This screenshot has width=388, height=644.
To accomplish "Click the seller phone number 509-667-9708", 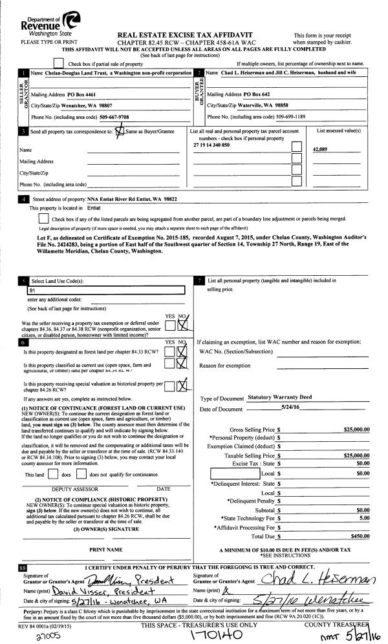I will [x=114, y=117].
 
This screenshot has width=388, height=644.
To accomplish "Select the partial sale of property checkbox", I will [x=59, y=63].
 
